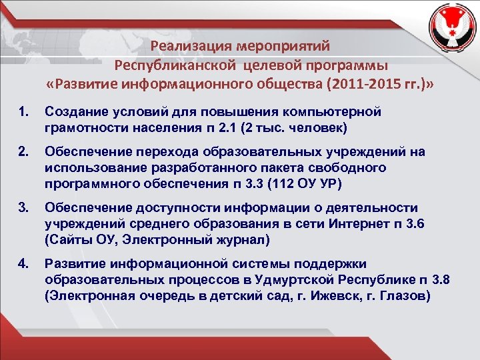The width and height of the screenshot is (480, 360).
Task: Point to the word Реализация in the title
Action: [x=189, y=47]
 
